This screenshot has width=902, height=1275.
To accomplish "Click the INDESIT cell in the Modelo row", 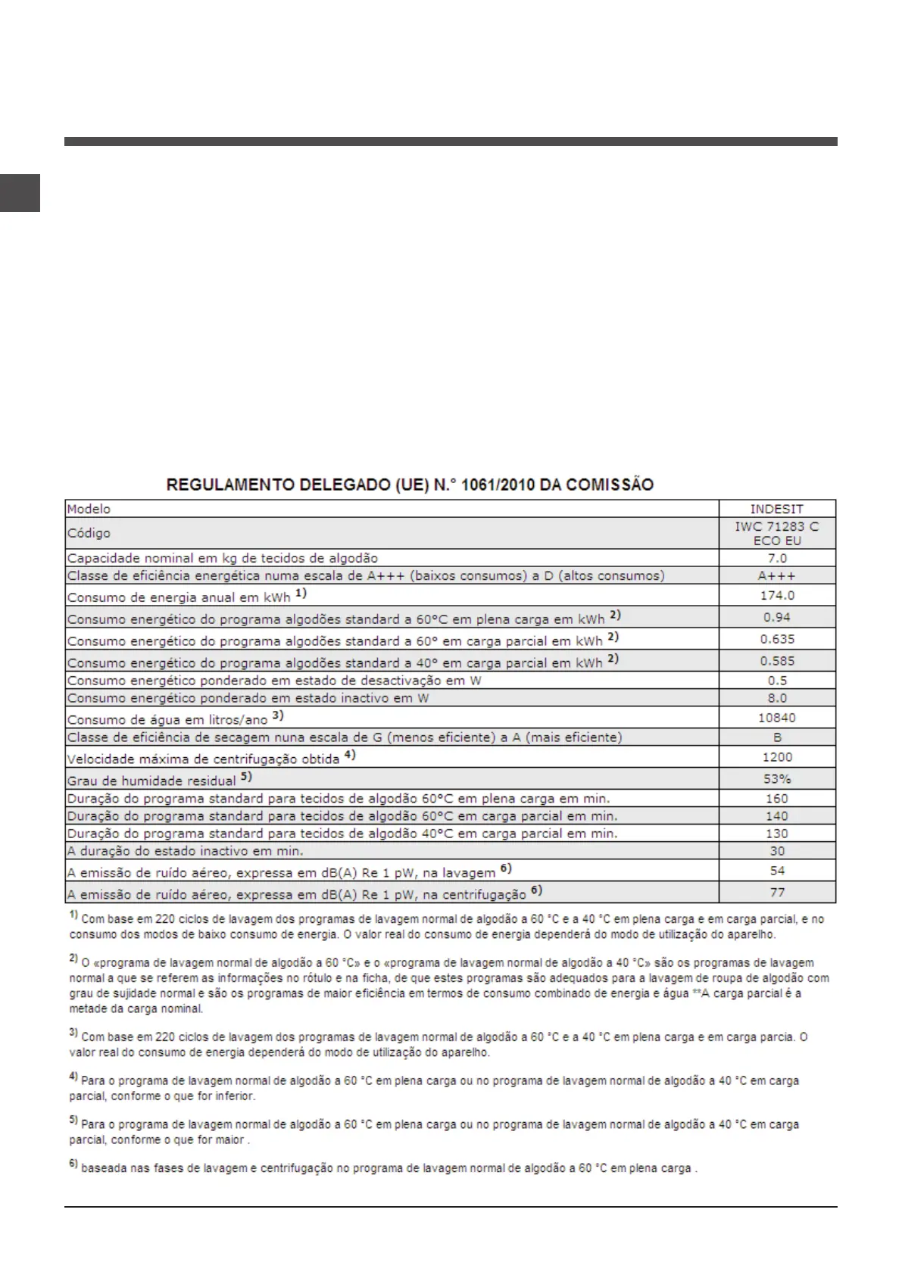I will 777,510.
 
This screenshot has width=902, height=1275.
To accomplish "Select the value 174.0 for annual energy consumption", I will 777,596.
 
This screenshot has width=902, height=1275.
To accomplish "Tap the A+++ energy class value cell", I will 777,576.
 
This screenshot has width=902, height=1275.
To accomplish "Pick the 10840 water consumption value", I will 777,718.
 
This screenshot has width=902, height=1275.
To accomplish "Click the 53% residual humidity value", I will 777,779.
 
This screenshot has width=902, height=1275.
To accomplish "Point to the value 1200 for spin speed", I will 777,757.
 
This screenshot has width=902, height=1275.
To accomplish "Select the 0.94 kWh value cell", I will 777,618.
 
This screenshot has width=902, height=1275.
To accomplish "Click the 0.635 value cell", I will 777,640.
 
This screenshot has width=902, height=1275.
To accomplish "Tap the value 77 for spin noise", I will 777,893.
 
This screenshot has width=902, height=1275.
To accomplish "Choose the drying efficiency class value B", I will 777,737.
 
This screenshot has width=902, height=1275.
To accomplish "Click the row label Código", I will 89,534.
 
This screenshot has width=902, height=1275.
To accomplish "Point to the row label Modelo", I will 89,510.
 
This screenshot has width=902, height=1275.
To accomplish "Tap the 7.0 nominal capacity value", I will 777,559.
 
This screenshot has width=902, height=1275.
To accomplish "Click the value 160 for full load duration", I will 777,799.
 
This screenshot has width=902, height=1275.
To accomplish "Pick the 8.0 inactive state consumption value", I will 777,698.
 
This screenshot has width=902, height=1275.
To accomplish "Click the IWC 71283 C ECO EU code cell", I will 777,534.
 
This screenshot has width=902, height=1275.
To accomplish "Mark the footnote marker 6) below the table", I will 73,1165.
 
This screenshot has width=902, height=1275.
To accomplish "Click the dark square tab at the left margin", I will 20,193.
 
